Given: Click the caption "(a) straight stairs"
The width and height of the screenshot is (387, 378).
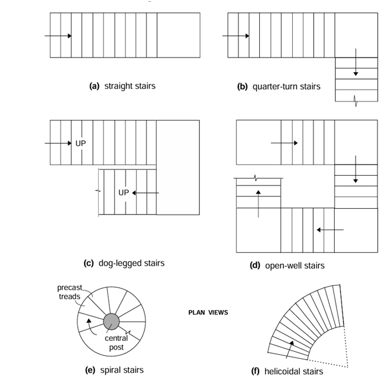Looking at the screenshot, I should [x=121, y=86].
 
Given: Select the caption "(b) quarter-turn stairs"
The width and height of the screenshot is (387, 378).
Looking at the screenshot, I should [x=278, y=87].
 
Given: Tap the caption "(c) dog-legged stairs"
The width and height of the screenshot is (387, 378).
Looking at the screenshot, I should [x=124, y=263].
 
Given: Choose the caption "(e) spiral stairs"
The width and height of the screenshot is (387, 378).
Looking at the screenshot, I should [x=114, y=370].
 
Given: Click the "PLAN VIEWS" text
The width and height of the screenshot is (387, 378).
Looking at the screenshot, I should [x=208, y=312].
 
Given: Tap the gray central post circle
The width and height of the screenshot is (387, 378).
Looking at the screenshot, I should [x=112, y=321].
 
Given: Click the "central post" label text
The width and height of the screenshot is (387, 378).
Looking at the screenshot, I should [x=116, y=343].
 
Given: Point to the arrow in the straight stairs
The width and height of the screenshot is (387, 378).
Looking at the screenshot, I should [x=58, y=36].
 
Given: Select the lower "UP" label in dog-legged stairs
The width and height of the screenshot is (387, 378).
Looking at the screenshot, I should [x=123, y=192].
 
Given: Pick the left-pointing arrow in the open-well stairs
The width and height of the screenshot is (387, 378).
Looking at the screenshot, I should [x=329, y=230].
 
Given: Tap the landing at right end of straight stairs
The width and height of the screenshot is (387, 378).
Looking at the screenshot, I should [x=178, y=35].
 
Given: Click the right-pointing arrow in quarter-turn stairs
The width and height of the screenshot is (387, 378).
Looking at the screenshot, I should [x=235, y=36].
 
